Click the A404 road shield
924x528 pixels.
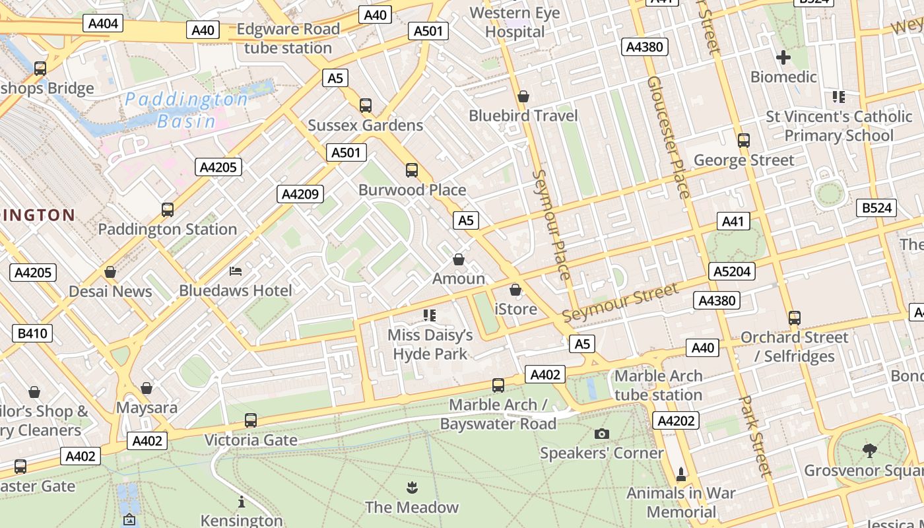(103, 24)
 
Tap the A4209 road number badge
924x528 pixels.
(300, 194)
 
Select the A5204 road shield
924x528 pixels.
(731, 271)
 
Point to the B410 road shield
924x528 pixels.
(32, 333)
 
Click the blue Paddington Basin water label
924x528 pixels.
(187, 110)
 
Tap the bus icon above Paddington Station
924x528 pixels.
(168, 210)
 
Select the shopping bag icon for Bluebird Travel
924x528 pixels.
(523, 96)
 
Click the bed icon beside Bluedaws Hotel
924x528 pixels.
(236, 271)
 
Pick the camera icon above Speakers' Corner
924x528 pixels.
(601, 434)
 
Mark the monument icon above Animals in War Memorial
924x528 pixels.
(681, 474)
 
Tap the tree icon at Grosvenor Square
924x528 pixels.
(869, 451)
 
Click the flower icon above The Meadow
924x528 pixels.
(412, 488)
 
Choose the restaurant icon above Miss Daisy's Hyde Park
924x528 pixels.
(430, 315)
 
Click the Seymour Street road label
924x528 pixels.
(620, 303)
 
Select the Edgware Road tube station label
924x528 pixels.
(288, 38)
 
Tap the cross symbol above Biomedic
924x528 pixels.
(783, 57)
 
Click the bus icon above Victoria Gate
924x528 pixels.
(250, 420)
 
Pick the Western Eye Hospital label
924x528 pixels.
(515, 22)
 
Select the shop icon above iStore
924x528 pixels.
(515, 290)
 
